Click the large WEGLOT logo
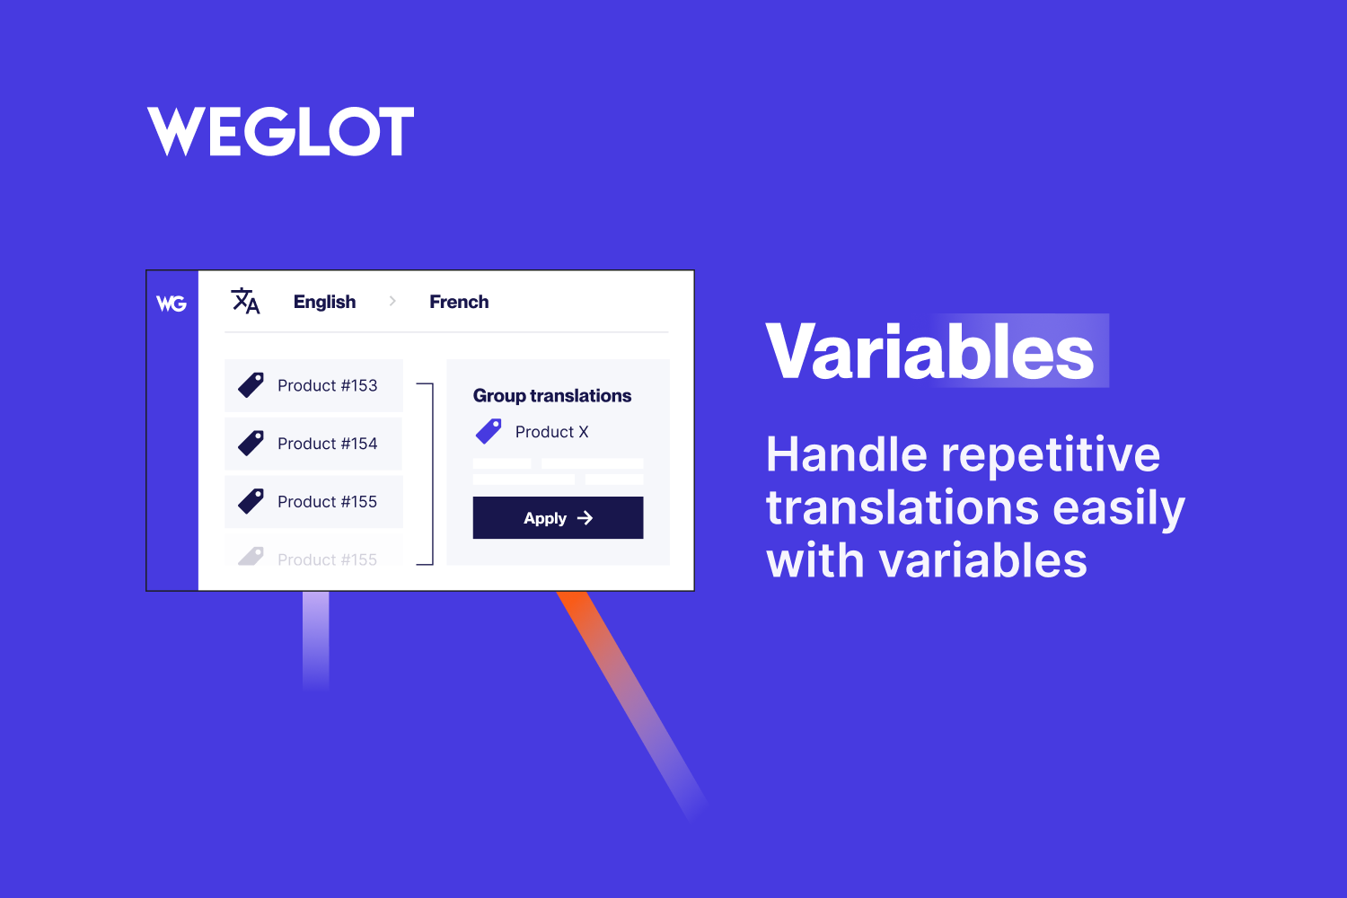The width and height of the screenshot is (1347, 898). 281,131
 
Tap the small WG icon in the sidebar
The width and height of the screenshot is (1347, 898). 172,304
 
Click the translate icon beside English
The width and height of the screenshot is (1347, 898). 245,301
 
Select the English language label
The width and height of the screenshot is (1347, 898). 324,302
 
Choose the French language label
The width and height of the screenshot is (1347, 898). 459,302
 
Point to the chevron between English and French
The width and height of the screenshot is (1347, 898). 392,301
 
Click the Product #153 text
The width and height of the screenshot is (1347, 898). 327,385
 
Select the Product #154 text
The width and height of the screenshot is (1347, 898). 327,444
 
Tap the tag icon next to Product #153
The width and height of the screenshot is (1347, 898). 251,385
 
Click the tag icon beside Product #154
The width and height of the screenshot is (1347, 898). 251,443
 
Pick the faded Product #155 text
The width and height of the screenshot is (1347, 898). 327,559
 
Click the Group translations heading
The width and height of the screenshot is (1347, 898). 552,396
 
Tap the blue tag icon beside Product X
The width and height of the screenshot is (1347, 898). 489,431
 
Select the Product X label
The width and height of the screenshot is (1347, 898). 551,432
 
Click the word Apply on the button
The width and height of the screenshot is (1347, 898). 545,518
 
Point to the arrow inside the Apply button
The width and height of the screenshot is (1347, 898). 585,518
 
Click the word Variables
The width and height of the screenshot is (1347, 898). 930,352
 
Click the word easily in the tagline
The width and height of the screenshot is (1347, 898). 1119,508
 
